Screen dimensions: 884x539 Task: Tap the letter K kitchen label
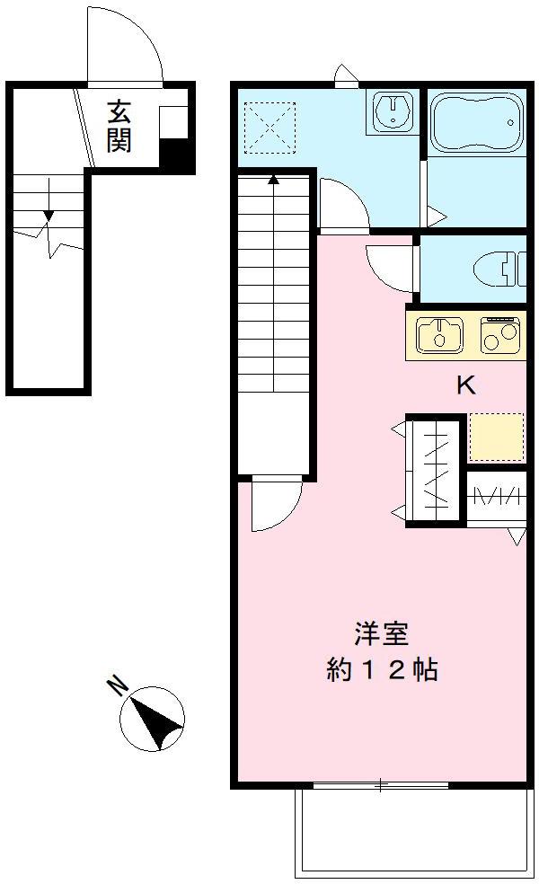tap(465, 385)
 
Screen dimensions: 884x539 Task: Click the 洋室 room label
tap(381, 632)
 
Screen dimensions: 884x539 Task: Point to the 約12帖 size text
tap(382, 670)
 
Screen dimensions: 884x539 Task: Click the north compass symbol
tap(153, 718)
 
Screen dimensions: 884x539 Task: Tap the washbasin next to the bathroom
tap(393, 112)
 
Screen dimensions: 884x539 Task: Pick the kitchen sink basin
tap(440, 333)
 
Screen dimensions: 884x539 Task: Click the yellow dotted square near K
tap(496, 435)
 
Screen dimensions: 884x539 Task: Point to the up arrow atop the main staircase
tap(273, 179)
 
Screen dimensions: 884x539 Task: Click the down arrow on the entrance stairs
tap(48, 217)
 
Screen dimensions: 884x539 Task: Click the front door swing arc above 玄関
tap(125, 49)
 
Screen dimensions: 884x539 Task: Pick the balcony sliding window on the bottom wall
tap(380, 786)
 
